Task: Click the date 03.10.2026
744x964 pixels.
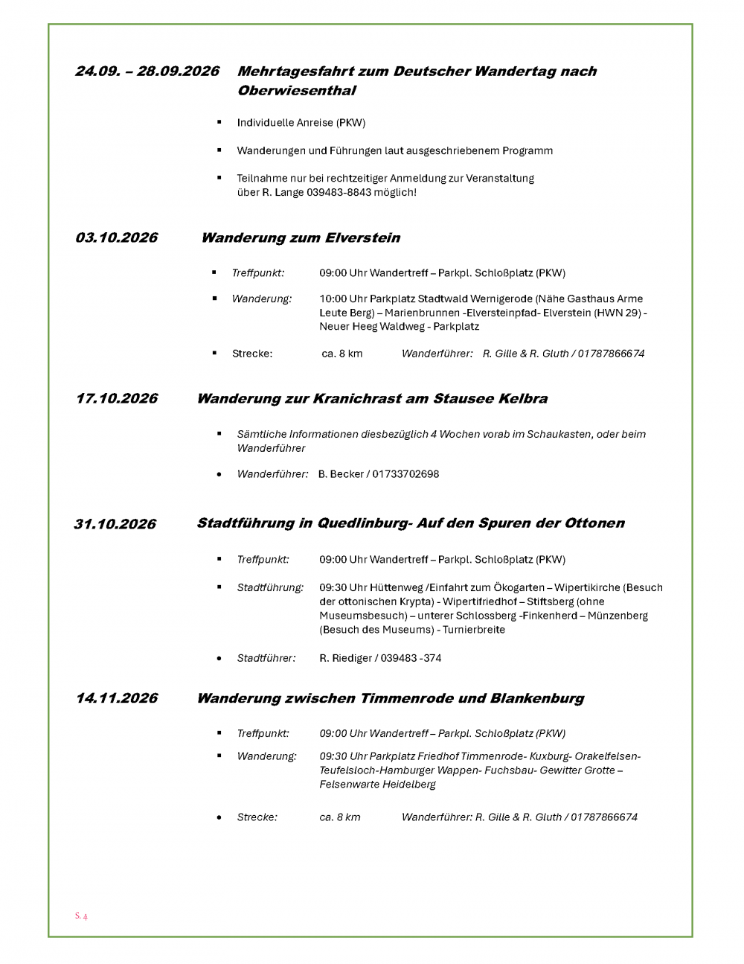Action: click(116, 237)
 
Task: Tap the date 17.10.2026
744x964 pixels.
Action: click(117, 398)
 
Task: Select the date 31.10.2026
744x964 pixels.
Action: click(115, 524)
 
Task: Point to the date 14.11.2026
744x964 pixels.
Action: click(117, 698)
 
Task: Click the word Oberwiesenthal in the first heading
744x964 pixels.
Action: click(296, 91)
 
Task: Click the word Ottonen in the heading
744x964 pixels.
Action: click(594, 523)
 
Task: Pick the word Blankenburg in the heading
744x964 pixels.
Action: click(536, 699)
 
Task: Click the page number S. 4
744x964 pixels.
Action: click(81, 916)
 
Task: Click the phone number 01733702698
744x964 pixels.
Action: click(405, 474)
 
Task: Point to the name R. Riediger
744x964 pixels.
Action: click(344, 658)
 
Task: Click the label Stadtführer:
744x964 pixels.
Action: click(266, 658)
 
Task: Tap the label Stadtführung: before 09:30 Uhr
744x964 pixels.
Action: click(270, 587)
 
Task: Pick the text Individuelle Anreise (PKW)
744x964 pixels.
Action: click(301, 123)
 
